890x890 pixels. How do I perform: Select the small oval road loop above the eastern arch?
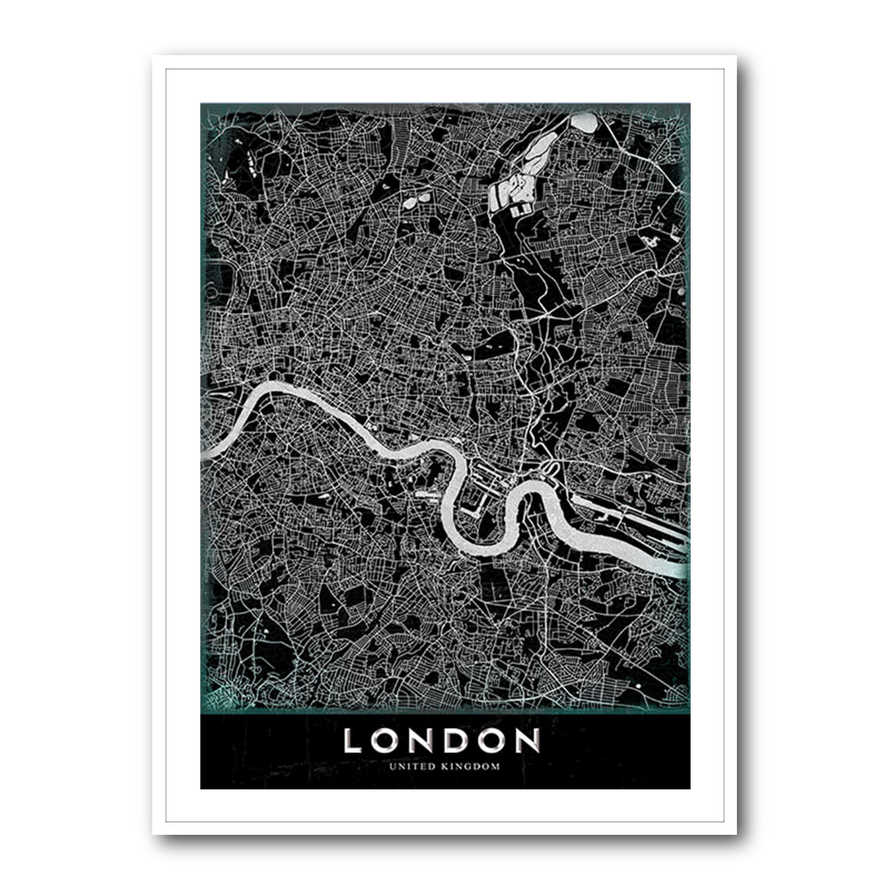[551, 470]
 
